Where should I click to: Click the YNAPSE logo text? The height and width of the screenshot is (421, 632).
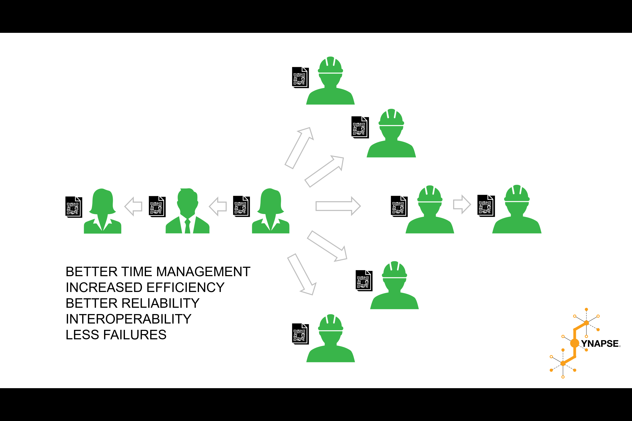click(x=600, y=344)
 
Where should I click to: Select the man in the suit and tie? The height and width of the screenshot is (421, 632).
click(x=187, y=212)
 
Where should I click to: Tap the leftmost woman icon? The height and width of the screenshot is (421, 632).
click(x=102, y=212)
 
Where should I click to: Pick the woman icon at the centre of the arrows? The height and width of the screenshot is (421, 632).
click(x=270, y=212)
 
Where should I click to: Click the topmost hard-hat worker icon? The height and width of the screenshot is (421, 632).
click(x=330, y=82)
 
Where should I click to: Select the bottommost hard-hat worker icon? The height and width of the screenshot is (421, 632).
click(x=331, y=340)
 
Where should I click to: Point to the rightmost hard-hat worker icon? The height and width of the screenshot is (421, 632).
click(x=517, y=211)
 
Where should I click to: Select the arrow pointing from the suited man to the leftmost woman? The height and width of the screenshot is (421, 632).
click(x=134, y=207)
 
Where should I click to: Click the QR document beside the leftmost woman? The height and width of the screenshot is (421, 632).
click(x=74, y=207)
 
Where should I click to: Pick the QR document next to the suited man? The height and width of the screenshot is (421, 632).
click(x=157, y=207)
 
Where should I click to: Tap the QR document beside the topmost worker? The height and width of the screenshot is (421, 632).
click(x=300, y=77)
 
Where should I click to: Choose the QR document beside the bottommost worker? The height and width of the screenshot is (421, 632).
click(x=300, y=334)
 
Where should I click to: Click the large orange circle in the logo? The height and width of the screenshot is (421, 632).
click(x=574, y=343)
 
